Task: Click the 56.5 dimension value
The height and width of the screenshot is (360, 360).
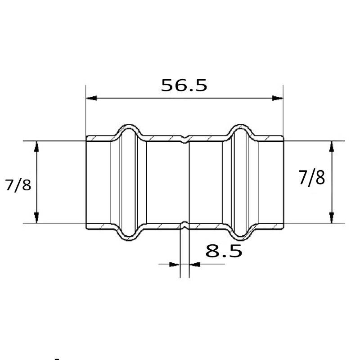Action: [x=184, y=85]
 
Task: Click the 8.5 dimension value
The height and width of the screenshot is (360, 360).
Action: [x=224, y=251]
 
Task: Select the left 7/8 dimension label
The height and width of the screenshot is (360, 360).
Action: [x=18, y=185]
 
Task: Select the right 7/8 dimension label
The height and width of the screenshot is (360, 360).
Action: [x=311, y=177]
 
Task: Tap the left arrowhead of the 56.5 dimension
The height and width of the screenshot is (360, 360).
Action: [x=91, y=98]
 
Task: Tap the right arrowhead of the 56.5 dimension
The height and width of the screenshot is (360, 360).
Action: [x=278, y=98]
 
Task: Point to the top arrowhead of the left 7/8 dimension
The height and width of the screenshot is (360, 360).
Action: [x=36, y=147]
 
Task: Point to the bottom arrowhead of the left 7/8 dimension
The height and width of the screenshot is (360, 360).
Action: [x=36, y=218]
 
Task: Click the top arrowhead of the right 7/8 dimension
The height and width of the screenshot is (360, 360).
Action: [x=332, y=147]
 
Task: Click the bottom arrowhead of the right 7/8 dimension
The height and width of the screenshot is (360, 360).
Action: [x=332, y=218]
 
